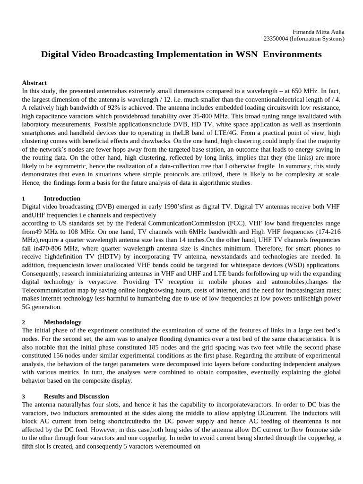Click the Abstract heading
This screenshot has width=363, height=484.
point(35,83)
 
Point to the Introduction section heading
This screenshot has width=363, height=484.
point(62,199)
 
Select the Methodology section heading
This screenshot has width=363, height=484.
point(62,322)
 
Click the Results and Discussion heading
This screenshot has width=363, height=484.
point(76,396)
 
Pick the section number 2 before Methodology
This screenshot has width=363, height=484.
point(24,322)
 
